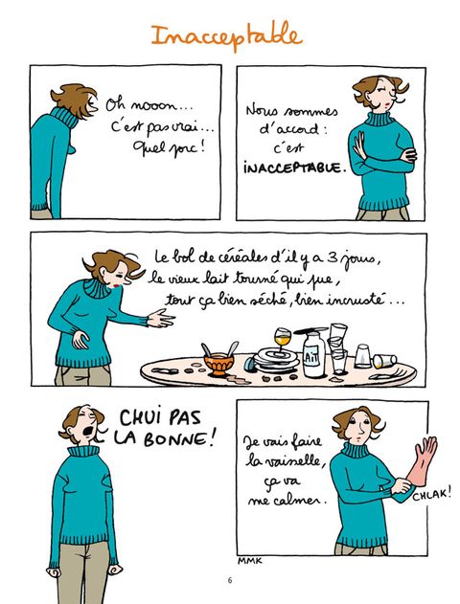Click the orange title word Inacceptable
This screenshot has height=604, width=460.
(x=227, y=35)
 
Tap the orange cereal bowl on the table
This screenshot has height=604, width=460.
(x=219, y=365)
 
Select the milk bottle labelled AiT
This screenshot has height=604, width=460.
(x=313, y=354)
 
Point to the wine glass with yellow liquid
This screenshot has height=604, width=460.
(x=283, y=338)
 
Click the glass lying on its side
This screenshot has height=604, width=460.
(x=384, y=361)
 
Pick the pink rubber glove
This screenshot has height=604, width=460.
(x=422, y=461)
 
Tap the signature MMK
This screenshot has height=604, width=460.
(x=249, y=561)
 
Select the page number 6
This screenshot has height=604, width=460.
(x=230, y=580)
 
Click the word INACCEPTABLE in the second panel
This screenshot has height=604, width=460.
(x=292, y=168)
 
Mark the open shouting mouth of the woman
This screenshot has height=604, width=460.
(x=89, y=431)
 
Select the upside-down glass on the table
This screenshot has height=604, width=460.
(x=363, y=356)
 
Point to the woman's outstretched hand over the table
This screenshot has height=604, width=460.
(x=160, y=318)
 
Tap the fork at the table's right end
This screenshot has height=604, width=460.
(x=389, y=373)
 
